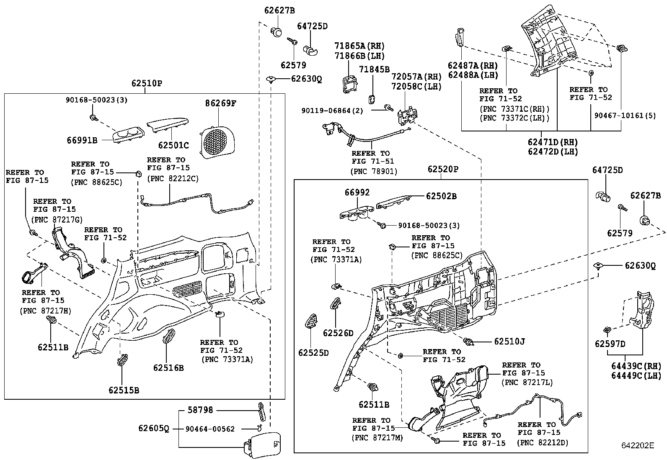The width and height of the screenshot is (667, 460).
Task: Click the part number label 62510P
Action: click(x=147, y=83)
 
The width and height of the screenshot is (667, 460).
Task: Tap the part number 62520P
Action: click(x=443, y=170)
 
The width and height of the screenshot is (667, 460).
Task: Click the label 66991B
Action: click(x=82, y=140)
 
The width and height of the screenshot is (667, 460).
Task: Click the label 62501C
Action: click(x=173, y=145)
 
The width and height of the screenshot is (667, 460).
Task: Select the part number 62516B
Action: click(x=168, y=368)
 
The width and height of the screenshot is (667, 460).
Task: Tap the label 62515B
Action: click(x=124, y=390)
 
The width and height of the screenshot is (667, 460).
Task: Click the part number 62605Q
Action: click(x=154, y=429)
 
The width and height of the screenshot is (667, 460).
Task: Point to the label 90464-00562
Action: click(x=211, y=429)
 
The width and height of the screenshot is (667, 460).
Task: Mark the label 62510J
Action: click(x=509, y=342)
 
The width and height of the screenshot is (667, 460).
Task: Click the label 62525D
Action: click(x=313, y=353)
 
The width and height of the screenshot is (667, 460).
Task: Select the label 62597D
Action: click(x=610, y=344)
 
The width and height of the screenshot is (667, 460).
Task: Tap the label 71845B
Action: click(x=375, y=69)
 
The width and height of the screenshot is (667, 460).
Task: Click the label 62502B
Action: click(x=442, y=195)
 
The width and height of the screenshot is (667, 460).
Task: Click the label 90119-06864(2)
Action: click(x=332, y=111)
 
